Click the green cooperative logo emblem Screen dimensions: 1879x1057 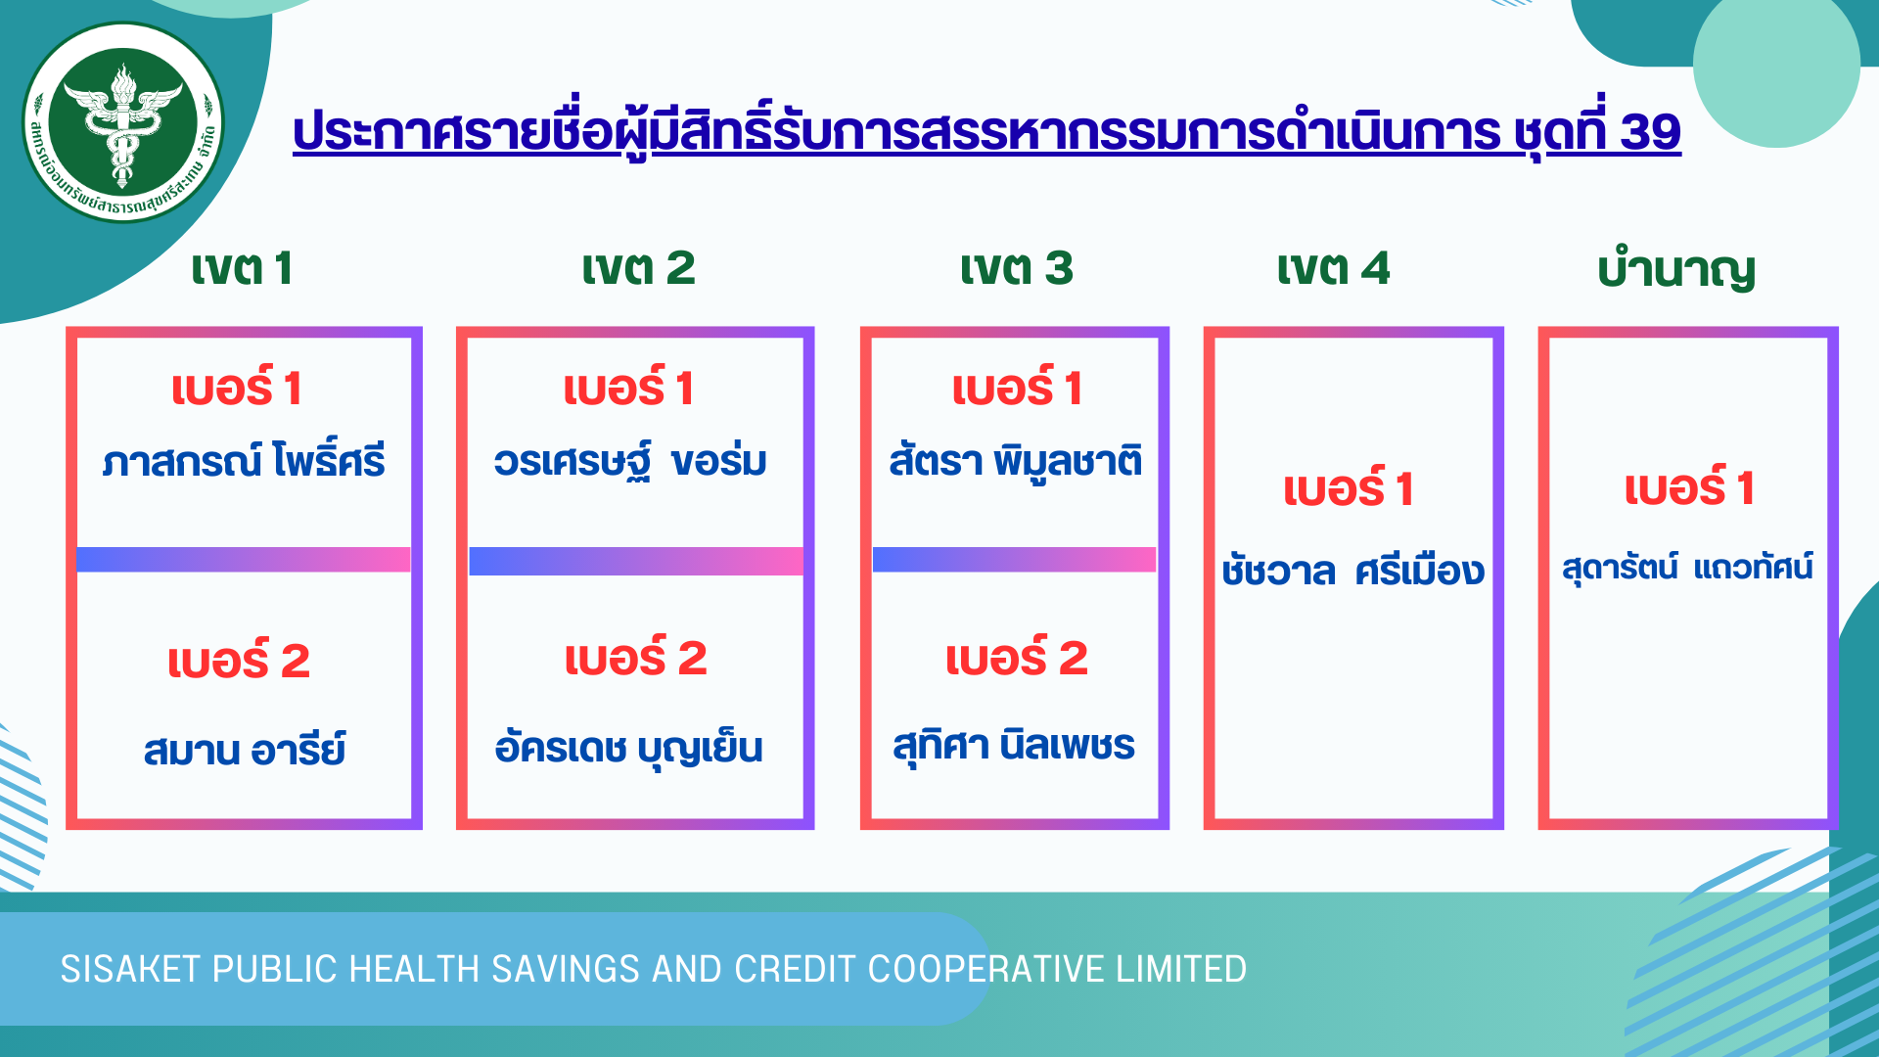point(123,122)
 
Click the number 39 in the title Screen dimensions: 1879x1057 point(1650,132)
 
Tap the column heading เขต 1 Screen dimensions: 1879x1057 point(242,268)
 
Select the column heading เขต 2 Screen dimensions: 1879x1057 point(638,268)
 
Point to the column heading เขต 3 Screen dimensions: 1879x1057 point(1016,268)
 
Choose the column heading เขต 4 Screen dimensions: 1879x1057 point(1333,268)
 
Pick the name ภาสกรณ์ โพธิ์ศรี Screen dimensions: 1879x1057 point(244,460)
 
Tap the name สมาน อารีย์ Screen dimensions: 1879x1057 point(245,750)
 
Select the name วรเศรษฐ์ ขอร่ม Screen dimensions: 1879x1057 point(630,460)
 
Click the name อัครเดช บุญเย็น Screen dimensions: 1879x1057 point(629,748)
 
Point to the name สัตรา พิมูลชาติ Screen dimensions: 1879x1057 point(1016,460)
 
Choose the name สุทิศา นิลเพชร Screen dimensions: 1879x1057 point(1014,746)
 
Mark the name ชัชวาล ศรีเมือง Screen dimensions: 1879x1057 point(1352,570)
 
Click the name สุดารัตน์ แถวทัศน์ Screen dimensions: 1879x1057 point(1687,567)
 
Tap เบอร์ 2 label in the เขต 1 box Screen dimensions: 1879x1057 point(239,660)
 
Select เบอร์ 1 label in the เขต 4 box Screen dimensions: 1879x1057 point(1349,487)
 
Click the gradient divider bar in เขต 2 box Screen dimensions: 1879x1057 point(636,561)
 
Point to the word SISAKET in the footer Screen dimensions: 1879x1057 point(131,969)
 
